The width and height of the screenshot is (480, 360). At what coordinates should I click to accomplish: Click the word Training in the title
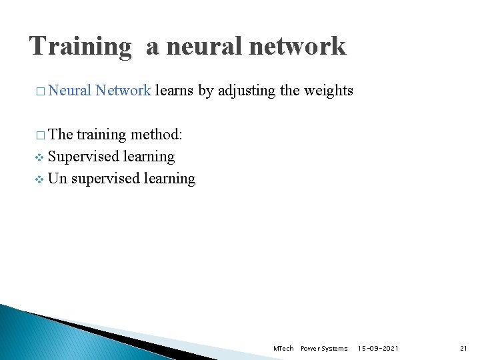coord(81,47)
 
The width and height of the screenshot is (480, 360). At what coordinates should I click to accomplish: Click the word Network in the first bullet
coord(123,91)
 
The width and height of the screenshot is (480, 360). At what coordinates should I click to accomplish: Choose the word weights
coord(328,91)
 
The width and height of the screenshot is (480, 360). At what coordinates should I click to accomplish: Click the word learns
coord(175,91)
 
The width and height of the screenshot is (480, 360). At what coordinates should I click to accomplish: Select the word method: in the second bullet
coord(156,135)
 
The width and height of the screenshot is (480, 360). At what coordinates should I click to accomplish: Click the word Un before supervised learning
coord(58,179)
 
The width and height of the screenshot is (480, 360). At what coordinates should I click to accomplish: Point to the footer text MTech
coord(283,349)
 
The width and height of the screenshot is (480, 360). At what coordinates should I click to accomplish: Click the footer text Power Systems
coord(324,349)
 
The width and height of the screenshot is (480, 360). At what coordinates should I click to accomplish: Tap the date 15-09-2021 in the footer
coord(379,349)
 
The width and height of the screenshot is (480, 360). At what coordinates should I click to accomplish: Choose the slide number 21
coord(464,349)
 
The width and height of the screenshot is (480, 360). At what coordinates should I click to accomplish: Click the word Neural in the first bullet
coord(70,91)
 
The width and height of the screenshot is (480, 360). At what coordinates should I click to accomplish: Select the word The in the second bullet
coord(61,135)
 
